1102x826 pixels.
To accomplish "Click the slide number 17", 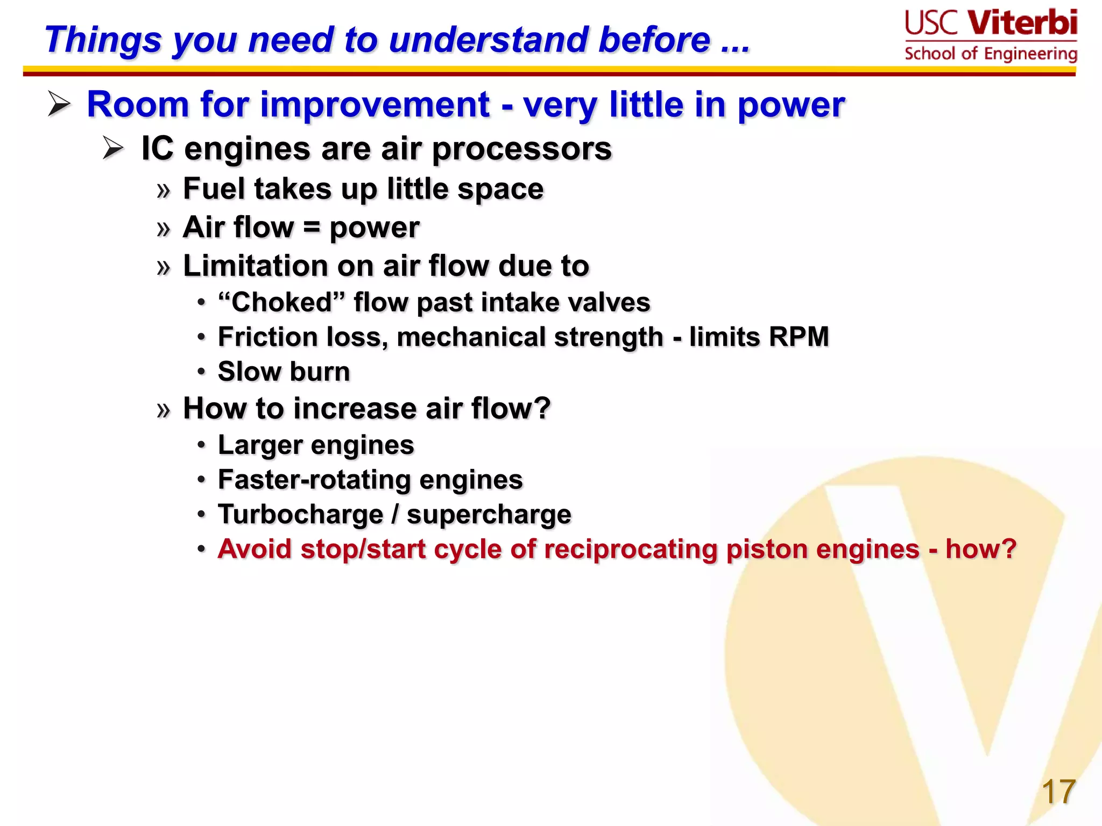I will pyautogui.click(x=1058, y=792).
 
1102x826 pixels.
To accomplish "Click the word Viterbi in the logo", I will pyautogui.click(x=1022, y=24).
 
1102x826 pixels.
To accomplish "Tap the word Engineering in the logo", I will pyautogui.click(x=1030, y=54).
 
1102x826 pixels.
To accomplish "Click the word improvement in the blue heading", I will pyautogui.click(x=375, y=104).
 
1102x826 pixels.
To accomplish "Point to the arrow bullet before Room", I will pyautogui.click(x=59, y=104).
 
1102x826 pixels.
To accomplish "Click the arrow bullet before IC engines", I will pyautogui.click(x=113, y=148).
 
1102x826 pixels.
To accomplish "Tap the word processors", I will pyautogui.click(x=522, y=149).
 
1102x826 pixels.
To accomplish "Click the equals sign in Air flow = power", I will pyautogui.click(x=312, y=227).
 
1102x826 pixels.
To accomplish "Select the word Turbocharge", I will pyautogui.click(x=300, y=515).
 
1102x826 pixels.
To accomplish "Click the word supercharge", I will pyautogui.click(x=489, y=515).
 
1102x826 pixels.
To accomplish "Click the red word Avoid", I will pyautogui.click(x=255, y=549).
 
